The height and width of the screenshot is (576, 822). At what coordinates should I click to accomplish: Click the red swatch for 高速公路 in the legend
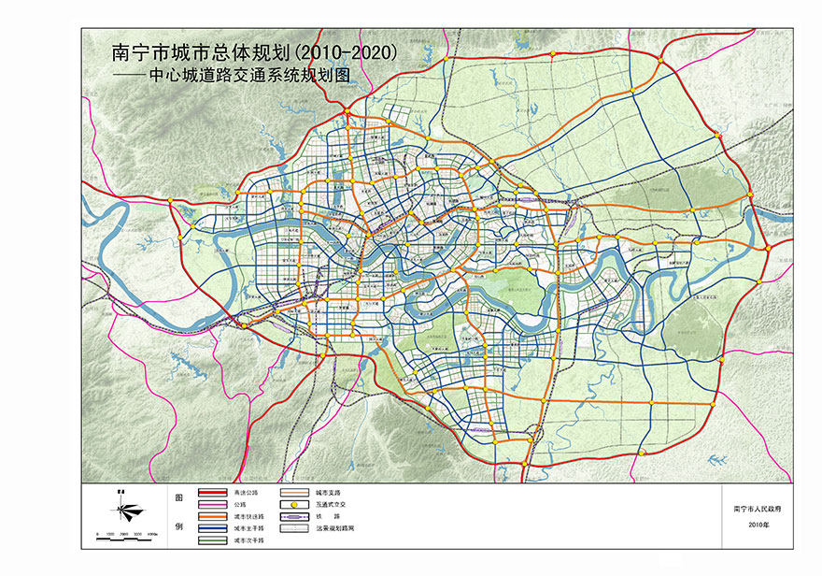tap(214, 491)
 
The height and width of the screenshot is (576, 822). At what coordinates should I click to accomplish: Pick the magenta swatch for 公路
tap(214, 503)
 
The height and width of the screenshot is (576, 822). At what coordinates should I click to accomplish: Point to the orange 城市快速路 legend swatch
tap(214, 516)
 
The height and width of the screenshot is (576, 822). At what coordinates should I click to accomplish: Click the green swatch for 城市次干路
tap(214, 540)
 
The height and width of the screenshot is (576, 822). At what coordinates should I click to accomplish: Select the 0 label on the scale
tap(97, 532)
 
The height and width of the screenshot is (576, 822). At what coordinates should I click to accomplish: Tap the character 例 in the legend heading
tap(179, 528)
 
